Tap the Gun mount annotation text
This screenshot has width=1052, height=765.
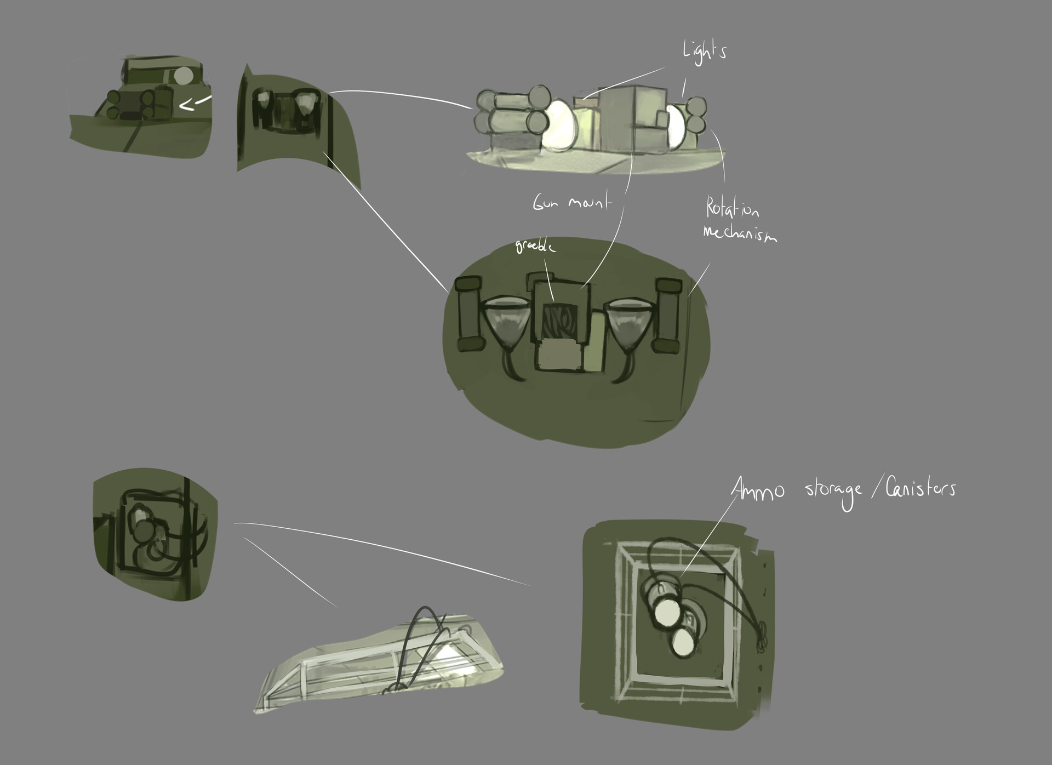click(x=571, y=203)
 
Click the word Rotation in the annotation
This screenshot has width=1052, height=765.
click(x=732, y=209)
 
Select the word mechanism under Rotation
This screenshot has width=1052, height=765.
click(x=740, y=234)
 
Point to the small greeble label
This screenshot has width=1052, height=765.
click(x=535, y=247)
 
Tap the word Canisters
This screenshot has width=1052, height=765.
click(x=922, y=488)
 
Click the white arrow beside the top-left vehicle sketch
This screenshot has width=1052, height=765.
click(x=195, y=102)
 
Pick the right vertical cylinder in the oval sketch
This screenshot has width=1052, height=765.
click(x=667, y=315)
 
